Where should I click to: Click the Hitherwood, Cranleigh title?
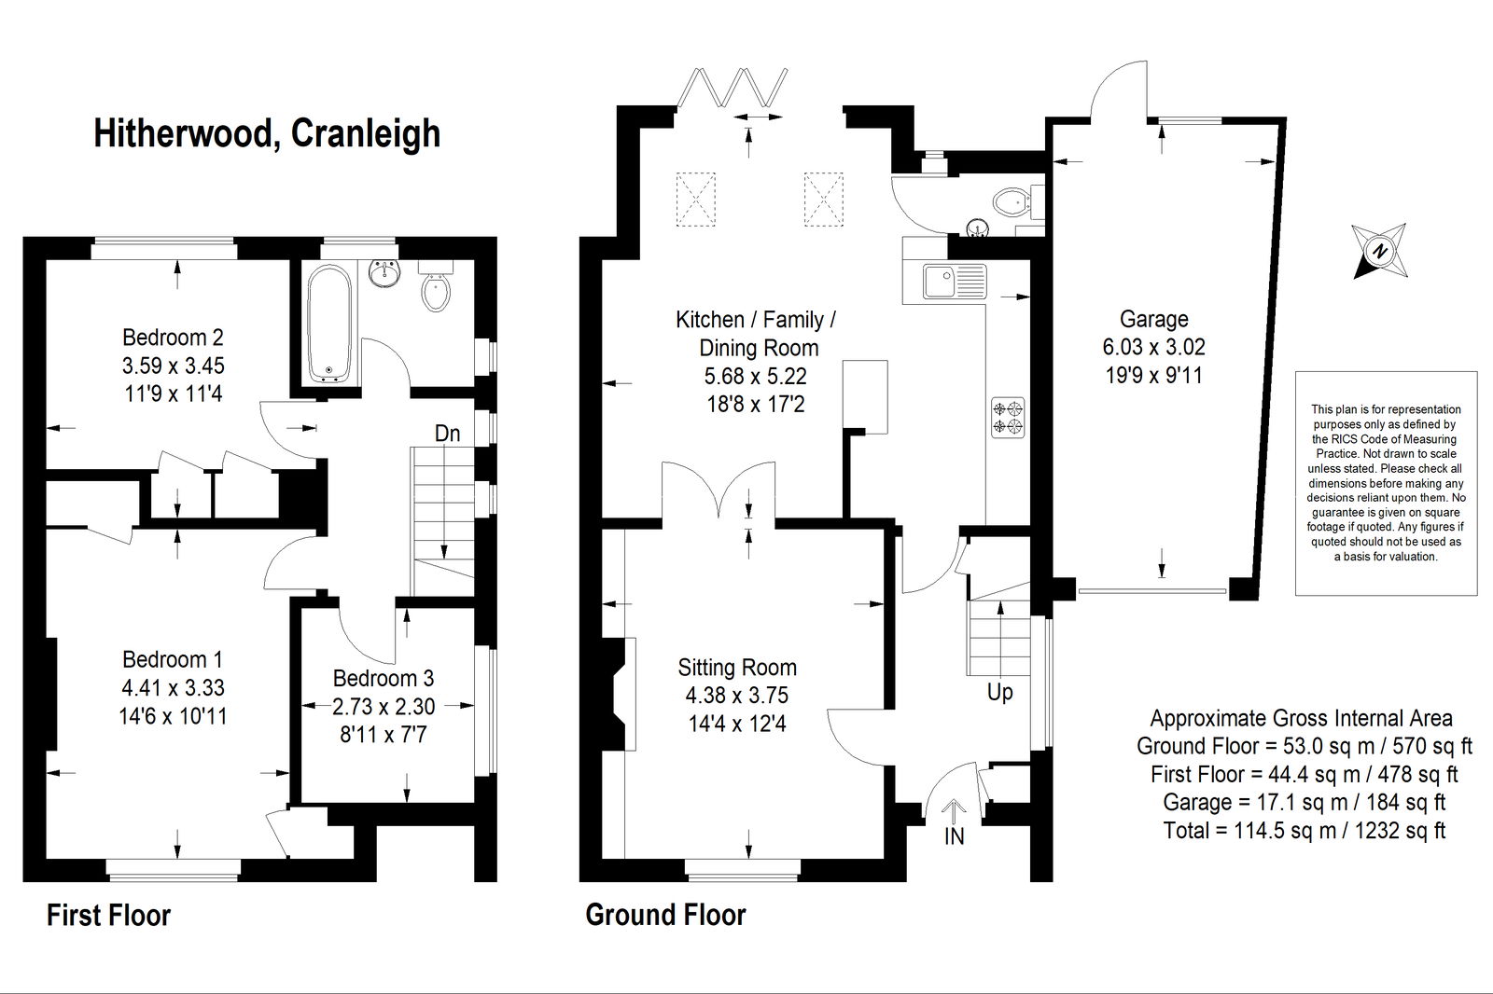tap(267, 133)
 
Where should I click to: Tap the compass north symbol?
tap(1380, 251)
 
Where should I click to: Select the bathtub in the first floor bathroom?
tap(329, 324)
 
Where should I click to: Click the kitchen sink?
tap(955, 282)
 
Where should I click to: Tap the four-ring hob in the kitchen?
tap(1007, 418)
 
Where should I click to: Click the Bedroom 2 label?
tap(173, 338)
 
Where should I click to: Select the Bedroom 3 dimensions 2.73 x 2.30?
tap(384, 706)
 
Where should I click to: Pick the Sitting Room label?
tap(737, 667)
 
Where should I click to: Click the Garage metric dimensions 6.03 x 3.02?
tap(1153, 347)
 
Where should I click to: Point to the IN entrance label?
tap(954, 836)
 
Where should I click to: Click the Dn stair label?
tap(447, 434)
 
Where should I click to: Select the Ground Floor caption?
tap(665, 915)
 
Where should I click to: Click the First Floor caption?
tap(108, 916)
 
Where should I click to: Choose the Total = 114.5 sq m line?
tap(1305, 830)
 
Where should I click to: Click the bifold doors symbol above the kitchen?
tap(732, 88)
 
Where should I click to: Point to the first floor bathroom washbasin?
tap(384, 273)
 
